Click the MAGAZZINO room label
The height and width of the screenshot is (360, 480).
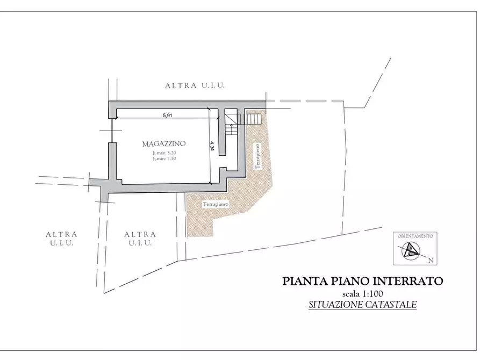coord(164,144)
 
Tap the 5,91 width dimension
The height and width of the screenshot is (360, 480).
coord(168,115)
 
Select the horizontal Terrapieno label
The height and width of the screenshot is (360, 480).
coord(216,205)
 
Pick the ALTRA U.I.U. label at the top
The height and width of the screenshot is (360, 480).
coord(195,85)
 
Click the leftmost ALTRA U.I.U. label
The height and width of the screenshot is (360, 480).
coord(61,239)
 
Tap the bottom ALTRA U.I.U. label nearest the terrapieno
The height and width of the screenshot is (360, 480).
coord(140,239)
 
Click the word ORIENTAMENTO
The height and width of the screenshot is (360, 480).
coord(415,236)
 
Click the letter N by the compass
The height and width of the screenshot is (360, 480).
coord(431,260)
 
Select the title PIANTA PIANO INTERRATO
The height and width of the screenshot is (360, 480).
coord(363,281)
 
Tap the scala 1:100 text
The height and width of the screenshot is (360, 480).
coord(363,294)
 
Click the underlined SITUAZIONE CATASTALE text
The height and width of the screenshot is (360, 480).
coord(363,305)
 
